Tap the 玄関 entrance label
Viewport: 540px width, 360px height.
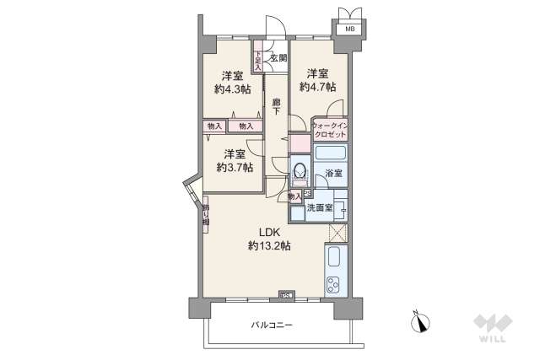[278, 58]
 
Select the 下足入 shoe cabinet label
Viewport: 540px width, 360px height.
[257, 60]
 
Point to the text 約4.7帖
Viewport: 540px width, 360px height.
[318, 87]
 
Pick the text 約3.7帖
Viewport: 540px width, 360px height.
[234, 167]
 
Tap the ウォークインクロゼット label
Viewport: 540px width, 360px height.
[329, 130]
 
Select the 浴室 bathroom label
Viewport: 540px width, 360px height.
[334, 173]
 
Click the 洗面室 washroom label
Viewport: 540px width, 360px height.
[319, 207]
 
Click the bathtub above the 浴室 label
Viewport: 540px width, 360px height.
[328, 155]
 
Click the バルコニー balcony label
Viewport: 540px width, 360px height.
[271, 325]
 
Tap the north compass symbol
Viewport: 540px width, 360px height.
[422, 320]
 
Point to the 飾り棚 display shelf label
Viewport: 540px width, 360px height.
[206, 217]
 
